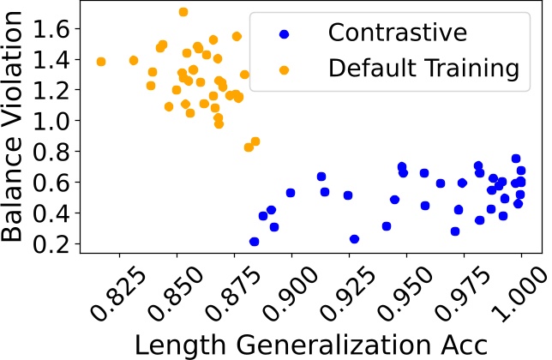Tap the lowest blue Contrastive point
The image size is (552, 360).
pyautogui.click(x=254, y=242)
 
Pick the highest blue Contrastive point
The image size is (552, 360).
pyautogui.click(x=516, y=159)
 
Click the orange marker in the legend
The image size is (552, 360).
pyautogui.click(x=284, y=65)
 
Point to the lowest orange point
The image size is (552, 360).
pyautogui.click(x=249, y=147)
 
